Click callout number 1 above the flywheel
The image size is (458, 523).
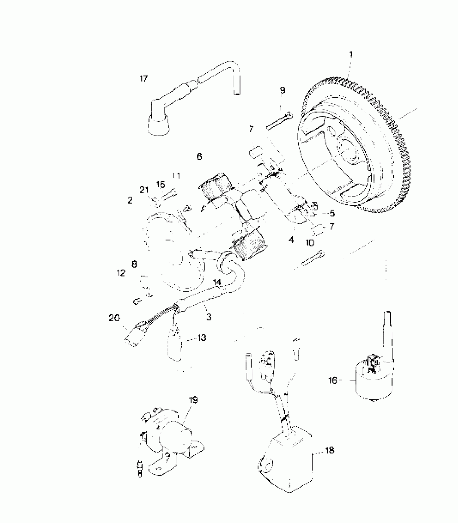pos(351,55)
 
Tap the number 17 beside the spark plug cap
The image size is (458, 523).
pos(144,79)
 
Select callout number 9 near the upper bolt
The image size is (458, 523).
pos(282,90)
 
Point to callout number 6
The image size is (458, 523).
pos(199,156)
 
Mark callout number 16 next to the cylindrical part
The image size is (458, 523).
pos(333,381)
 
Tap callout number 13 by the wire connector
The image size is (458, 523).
pos(202,337)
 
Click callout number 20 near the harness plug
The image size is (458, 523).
pos(114,318)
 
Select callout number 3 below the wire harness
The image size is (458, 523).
pos(209,317)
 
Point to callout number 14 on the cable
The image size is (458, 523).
pos(217,282)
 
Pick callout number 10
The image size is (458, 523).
pos(310,243)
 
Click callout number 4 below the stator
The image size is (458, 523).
pos(291,240)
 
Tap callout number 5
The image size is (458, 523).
pos(332,214)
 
